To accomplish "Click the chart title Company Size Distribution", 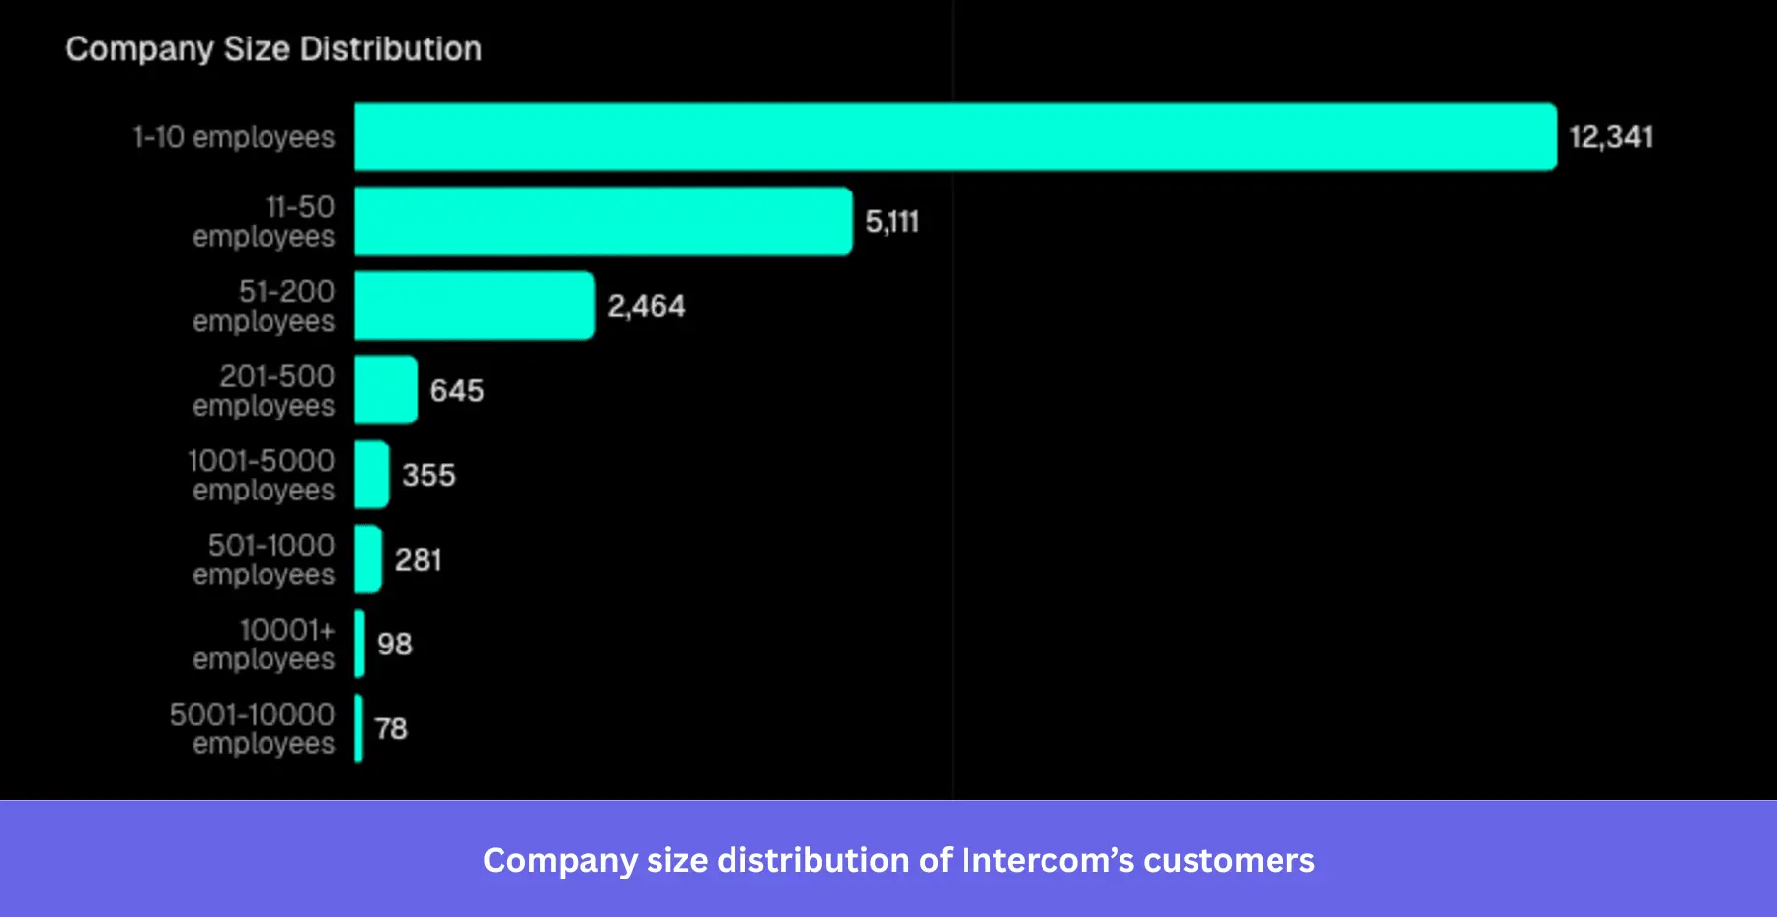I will click(273, 49).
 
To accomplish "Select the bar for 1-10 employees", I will click(955, 136).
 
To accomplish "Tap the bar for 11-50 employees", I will click(602, 221).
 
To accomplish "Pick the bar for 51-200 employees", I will click(474, 306).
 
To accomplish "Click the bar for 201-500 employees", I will click(385, 390).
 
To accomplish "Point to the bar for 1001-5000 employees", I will click(371, 475).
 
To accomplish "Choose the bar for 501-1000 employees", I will click(367, 559).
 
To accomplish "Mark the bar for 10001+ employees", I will click(359, 644).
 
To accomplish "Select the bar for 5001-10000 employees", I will click(358, 728).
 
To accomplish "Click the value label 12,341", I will click(1610, 137).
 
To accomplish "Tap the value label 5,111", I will click(891, 222).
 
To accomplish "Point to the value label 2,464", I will click(646, 306).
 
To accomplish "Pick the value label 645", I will click(456, 391).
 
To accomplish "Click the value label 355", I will click(428, 475).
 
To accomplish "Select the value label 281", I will click(418, 560).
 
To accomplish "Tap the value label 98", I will click(394, 645).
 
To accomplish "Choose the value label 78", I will click(391, 728).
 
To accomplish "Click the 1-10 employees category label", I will click(234, 137).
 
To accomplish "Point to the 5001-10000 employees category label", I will click(252, 728).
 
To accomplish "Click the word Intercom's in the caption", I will click(1047, 860).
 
